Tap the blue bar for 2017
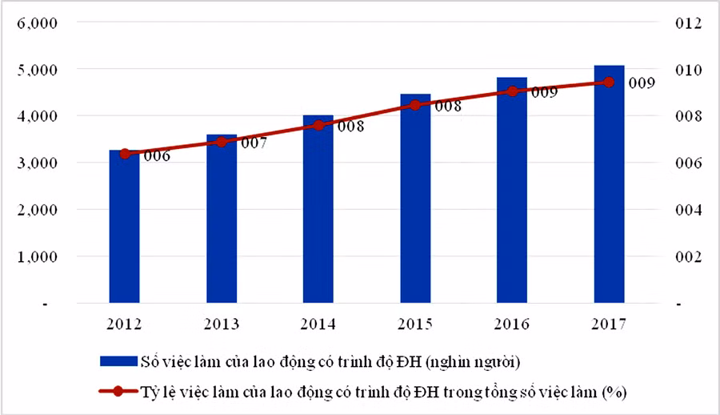(609, 184)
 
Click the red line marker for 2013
(222, 142)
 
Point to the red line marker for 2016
(512, 91)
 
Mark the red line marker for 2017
(609, 82)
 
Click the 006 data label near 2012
(156, 157)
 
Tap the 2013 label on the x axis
(222, 324)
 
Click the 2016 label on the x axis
(512, 324)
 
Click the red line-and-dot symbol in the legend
(118, 392)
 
